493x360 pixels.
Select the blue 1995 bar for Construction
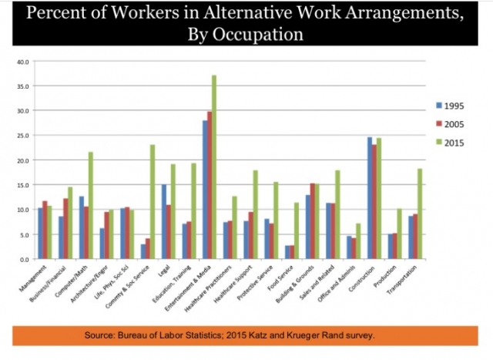pos(369,198)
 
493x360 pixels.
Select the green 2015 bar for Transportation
pos(420,214)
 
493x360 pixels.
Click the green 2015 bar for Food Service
pos(296,231)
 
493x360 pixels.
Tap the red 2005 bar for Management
pos(45,230)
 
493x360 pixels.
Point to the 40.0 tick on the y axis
pos(22,61)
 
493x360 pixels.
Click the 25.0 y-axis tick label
pos(22,135)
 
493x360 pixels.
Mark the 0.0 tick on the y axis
pos(23,260)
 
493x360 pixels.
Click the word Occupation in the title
pos(260,35)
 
